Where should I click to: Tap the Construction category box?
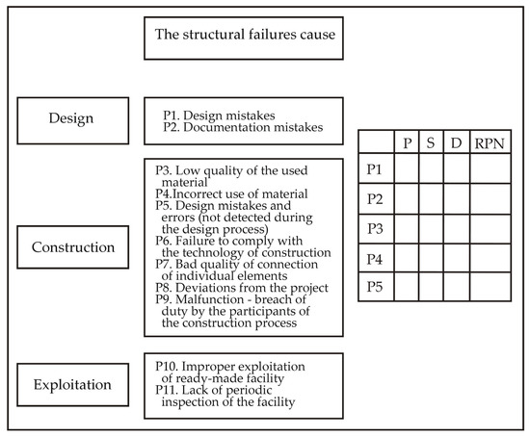(72, 247)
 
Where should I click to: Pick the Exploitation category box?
(72, 385)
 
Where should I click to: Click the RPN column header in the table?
(490, 143)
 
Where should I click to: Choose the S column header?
(431, 143)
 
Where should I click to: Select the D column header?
(456, 143)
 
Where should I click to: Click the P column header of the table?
(406, 143)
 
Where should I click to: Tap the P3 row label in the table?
(376, 229)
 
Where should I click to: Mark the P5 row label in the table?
(376, 287)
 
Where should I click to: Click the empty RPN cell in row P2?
(490, 199)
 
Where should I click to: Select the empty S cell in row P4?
(431, 258)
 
